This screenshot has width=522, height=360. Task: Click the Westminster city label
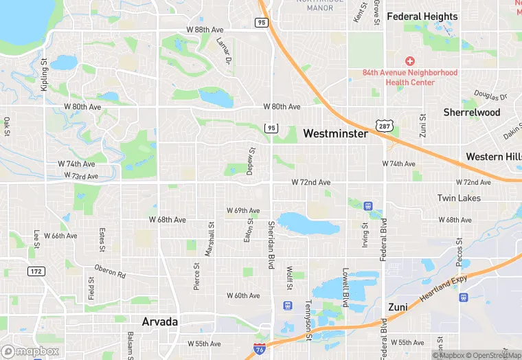[335, 133]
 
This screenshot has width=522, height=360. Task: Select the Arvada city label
[160, 322]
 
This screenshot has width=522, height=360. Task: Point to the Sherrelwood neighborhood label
[472, 112]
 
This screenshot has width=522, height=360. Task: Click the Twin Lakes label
[459, 198]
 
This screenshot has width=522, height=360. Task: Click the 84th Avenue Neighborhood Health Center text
[410, 77]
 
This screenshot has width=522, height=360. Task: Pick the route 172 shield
[36, 271]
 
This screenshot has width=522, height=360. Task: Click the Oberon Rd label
[110, 271]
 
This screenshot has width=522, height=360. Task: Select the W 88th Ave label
[205, 29]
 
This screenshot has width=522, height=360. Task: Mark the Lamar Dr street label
[224, 52]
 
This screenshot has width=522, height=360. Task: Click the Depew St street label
[251, 161]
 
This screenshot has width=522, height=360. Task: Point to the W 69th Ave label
[243, 210]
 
